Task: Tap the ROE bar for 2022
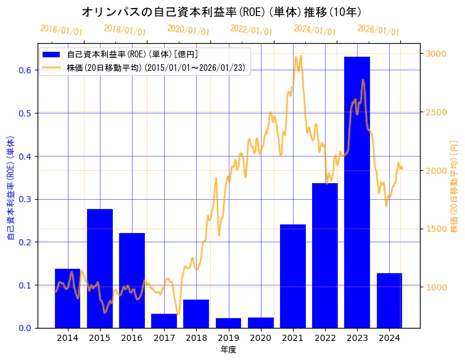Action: (325, 255)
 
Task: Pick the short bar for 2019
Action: (228, 323)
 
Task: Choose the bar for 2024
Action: (389, 300)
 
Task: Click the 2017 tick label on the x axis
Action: (164, 338)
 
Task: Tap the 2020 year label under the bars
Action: (261, 338)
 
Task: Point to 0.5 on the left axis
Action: (25, 113)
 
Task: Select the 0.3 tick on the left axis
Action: (25, 199)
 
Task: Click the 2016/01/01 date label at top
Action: (61, 29)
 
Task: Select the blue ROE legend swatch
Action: (52, 54)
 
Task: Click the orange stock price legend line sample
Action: (52, 67)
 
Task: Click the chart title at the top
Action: (221, 12)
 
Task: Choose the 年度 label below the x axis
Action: (228, 350)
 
